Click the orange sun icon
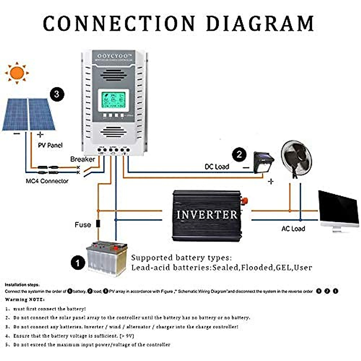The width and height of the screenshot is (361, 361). tap(17, 73)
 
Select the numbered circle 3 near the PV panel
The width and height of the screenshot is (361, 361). tap(57, 94)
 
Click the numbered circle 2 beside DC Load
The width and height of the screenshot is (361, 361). tap(239, 155)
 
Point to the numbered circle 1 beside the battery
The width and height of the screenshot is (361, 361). tap(78, 263)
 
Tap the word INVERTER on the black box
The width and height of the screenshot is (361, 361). tap(207, 215)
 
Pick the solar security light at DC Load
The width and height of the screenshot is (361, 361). tap(263, 162)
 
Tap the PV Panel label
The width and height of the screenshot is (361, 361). tap(50, 145)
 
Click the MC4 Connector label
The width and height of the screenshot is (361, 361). tap(47, 181)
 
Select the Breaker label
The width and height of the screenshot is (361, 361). tap(82, 159)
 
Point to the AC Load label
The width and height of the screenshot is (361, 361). tap(293, 229)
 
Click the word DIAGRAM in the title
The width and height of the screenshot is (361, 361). tap(260, 23)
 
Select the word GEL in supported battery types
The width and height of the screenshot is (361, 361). tap(284, 267)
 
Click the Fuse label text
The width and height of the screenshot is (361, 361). tap(83, 225)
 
